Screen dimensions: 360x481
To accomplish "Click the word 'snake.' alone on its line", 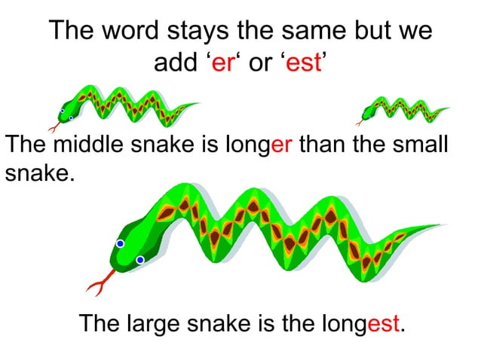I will click(41, 174).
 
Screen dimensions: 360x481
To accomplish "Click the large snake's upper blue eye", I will click(120, 243).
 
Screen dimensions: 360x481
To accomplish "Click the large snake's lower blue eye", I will click(139, 261).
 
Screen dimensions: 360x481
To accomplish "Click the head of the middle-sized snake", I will click(68, 111).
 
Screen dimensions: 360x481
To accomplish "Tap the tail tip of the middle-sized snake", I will click(198, 104).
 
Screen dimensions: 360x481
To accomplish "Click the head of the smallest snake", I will click(369, 113).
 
